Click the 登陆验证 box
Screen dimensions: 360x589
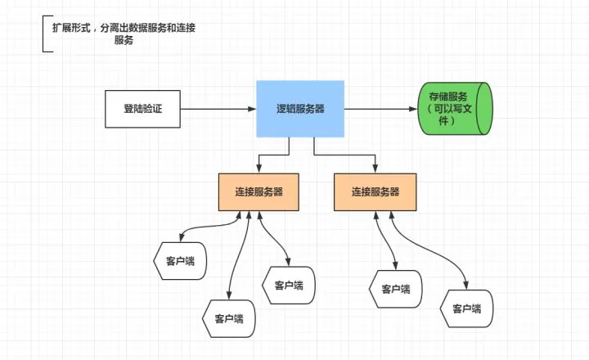[x=142, y=110]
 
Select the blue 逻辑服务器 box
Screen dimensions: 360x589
[x=300, y=108]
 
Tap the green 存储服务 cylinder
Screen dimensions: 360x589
[x=456, y=108]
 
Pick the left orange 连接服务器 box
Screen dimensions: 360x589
[x=259, y=192]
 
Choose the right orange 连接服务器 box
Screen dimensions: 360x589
[x=375, y=192]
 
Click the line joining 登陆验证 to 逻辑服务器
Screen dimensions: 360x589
[x=218, y=110]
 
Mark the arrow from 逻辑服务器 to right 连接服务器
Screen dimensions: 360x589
[x=344, y=154]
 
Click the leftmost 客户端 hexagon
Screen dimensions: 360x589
[x=179, y=261]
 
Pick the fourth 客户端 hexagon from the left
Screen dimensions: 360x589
[x=397, y=288]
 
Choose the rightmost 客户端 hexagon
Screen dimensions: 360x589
[x=466, y=308]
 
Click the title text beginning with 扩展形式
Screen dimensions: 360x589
[x=124, y=29]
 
